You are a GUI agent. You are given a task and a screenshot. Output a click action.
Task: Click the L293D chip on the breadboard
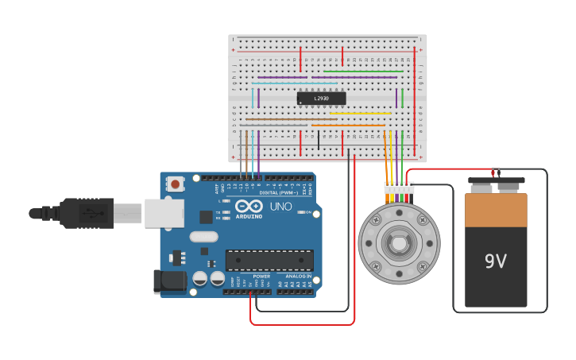click(x=321, y=99)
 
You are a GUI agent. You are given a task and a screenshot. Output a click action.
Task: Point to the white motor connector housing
click(x=399, y=188)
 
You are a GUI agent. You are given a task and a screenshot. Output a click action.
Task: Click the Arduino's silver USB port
click(x=164, y=212)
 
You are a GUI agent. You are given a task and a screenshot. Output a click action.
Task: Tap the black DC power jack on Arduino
click(x=169, y=281)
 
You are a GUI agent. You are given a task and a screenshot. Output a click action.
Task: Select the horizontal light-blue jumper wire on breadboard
click(x=294, y=83)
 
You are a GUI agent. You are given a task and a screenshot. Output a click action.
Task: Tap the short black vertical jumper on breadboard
click(x=319, y=140)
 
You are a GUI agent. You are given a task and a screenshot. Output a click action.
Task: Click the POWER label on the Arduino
click(x=261, y=277)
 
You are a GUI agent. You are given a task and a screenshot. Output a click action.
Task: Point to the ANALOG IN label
click(x=299, y=277)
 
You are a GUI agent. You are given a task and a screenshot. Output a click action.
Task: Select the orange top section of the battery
click(x=496, y=210)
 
